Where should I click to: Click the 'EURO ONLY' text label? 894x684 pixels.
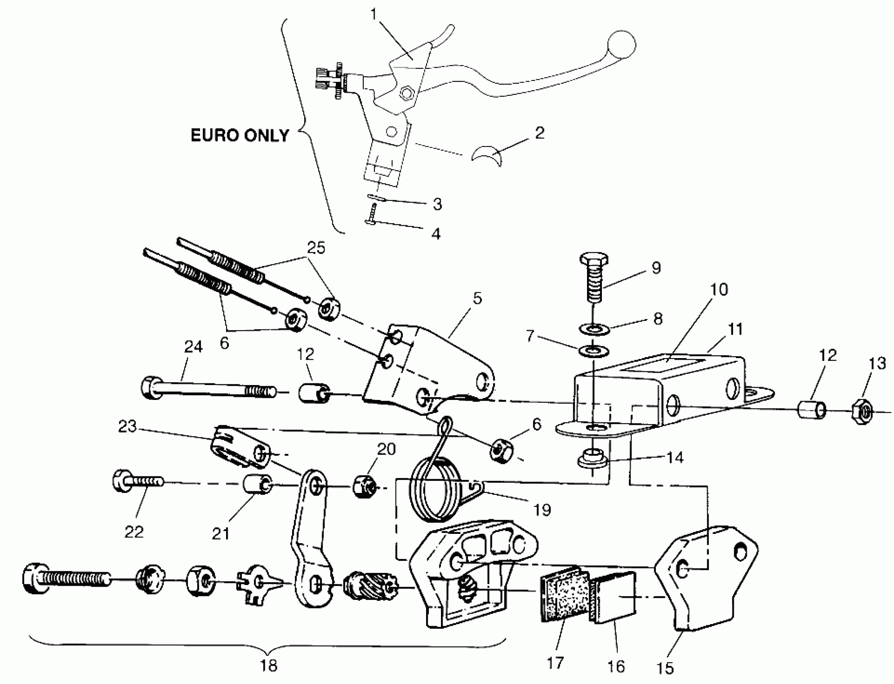coord(240,136)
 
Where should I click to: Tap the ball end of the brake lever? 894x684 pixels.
coord(621,45)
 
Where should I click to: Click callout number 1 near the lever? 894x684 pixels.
coord(374,14)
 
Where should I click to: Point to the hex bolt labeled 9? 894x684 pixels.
coord(594,277)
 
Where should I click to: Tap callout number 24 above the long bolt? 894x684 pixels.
coord(193,346)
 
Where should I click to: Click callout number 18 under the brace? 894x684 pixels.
coord(268,665)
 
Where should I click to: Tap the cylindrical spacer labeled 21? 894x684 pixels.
coord(257,484)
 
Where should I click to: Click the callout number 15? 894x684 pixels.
coord(664,668)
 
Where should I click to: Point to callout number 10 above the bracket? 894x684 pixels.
coord(719,289)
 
